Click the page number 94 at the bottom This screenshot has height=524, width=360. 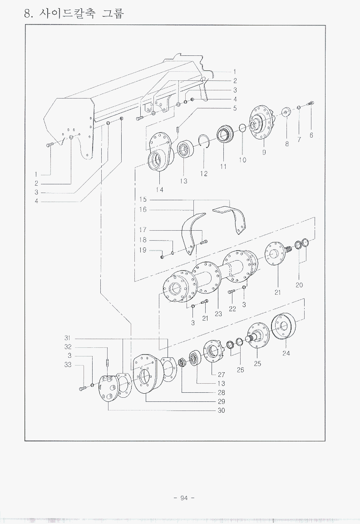click(184, 498)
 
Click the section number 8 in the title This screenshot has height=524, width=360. click(28, 14)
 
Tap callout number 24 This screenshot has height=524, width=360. click(286, 353)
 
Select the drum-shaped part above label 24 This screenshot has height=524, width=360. click(284, 326)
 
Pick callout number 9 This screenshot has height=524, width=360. click(264, 153)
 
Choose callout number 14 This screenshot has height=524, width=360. click(160, 189)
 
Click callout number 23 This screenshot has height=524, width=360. click(218, 314)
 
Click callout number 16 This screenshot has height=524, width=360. click(143, 210)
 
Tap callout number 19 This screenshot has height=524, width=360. click(143, 250)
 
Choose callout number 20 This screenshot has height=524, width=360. click(299, 285)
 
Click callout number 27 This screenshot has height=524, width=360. click(222, 375)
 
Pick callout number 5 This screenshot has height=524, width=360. click(235, 108)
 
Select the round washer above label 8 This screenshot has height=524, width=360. click(286, 112)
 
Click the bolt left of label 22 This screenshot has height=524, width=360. click(231, 292)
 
